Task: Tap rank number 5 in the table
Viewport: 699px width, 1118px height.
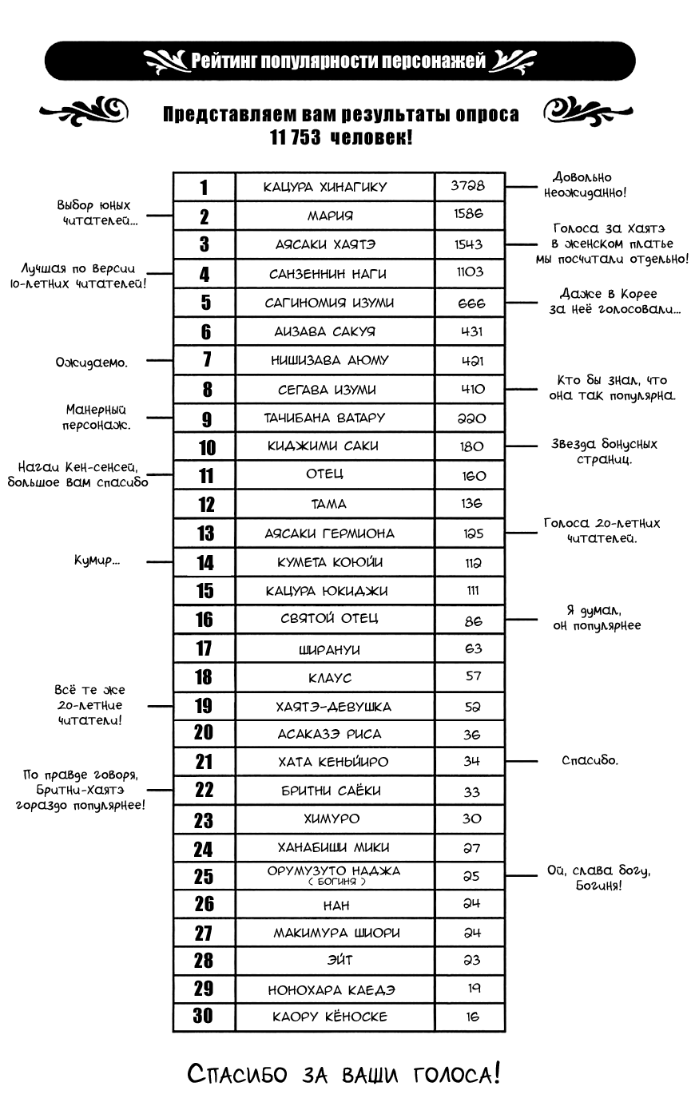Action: pos(205,303)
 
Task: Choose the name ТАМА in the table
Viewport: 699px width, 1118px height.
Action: pos(328,504)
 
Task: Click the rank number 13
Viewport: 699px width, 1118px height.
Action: pos(205,533)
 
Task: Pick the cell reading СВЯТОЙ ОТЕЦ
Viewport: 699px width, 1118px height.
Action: pos(329,618)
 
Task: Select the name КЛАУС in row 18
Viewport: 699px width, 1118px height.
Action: pos(329,678)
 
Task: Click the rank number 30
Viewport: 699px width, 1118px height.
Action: pos(204,1016)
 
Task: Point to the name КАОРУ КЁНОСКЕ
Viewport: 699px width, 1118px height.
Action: pos(329,1017)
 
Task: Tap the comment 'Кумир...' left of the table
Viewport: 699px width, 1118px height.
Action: pos(97,561)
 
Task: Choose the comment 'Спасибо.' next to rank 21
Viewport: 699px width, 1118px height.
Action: pos(590,760)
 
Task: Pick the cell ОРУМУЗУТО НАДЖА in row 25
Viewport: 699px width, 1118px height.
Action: pos(334,871)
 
